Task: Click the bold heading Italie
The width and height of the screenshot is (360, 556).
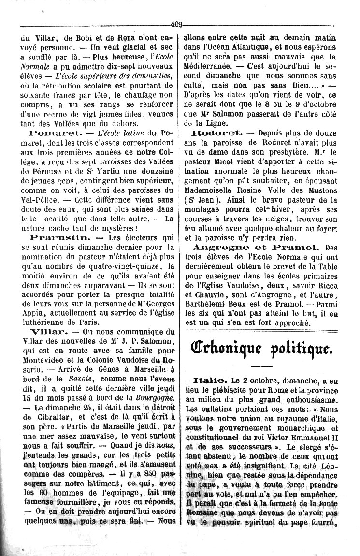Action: pyautogui.click(x=207, y=381)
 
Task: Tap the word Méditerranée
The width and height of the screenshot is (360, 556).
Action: pyautogui.click(x=212, y=67)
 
